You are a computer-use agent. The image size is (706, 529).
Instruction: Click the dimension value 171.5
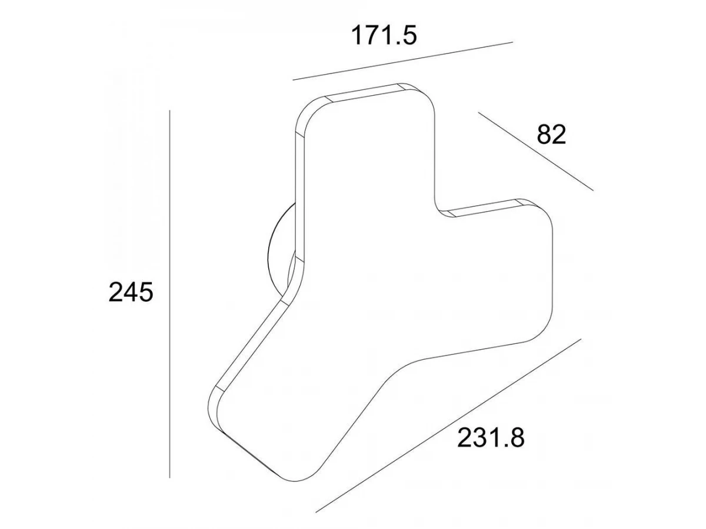[x=384, y=35]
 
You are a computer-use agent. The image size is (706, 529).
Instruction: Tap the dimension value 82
[x=551, y=135]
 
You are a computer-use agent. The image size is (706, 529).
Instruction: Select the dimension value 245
[x=131, y=292]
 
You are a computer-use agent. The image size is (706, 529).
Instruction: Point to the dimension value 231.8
[x=491, y=437]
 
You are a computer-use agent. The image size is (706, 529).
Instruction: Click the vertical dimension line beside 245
[x=169, y=294]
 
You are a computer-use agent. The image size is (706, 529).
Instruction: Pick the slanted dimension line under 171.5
[x=402, y=61]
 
